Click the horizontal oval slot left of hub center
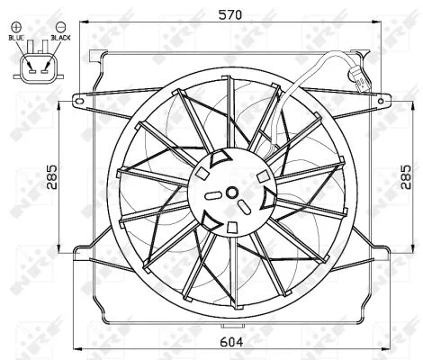point(212,193)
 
